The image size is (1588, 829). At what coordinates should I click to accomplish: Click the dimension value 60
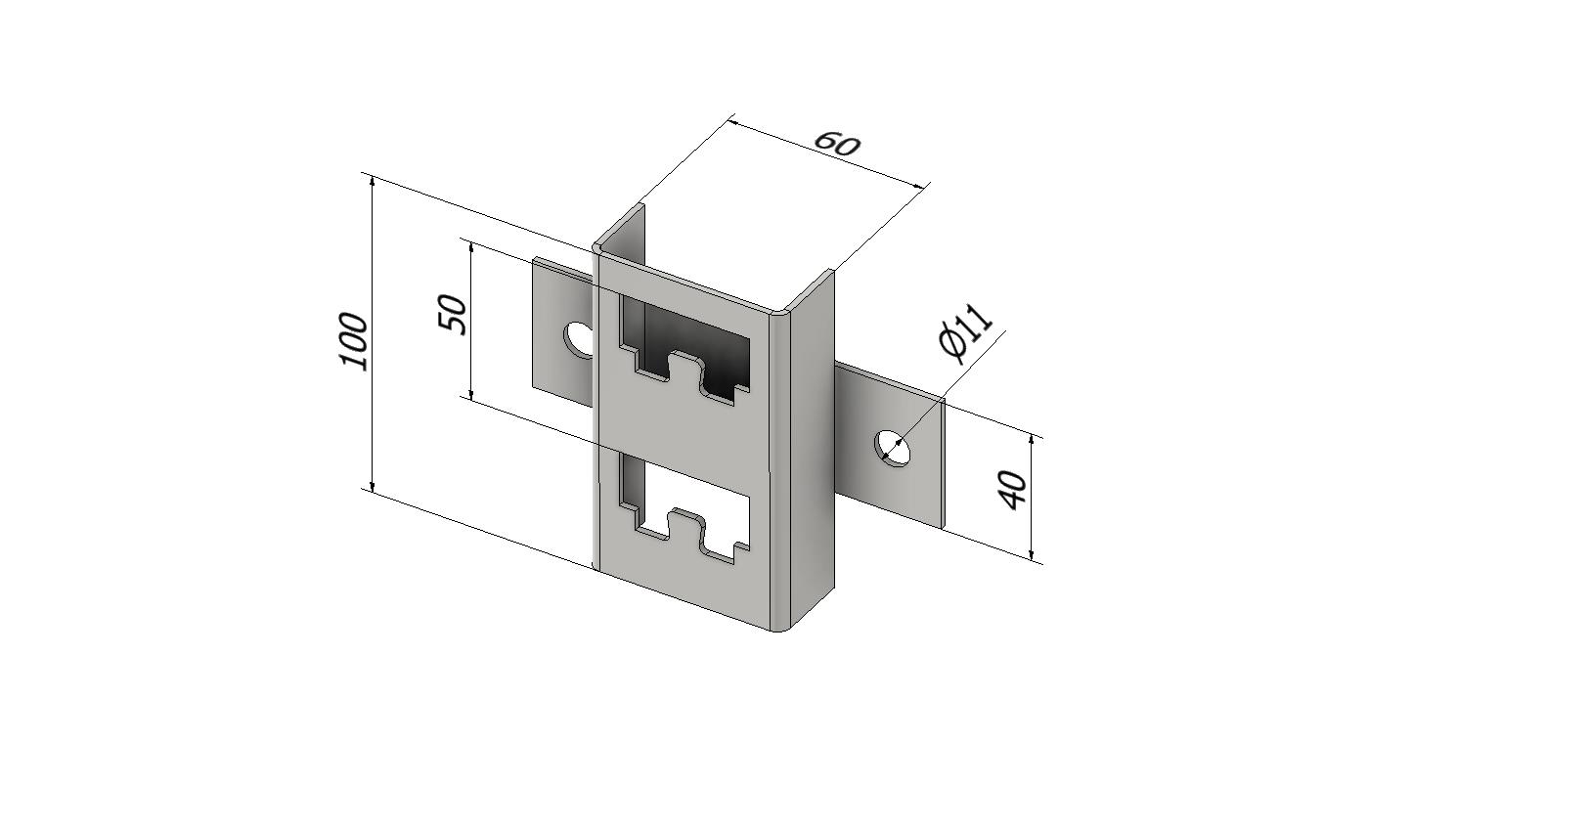(x=837, y=143)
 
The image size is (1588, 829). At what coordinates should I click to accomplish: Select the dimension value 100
(x=354, y=341)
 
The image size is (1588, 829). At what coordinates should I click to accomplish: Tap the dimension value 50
(x=453, y=315)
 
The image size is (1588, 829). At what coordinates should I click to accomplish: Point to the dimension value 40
(x=1012, y=490)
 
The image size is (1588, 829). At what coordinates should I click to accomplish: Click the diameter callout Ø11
(x=965, y=333)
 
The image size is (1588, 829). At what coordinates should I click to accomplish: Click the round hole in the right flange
(x=894, y=448)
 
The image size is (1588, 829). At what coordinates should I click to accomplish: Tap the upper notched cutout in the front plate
(x=684, y=351)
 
